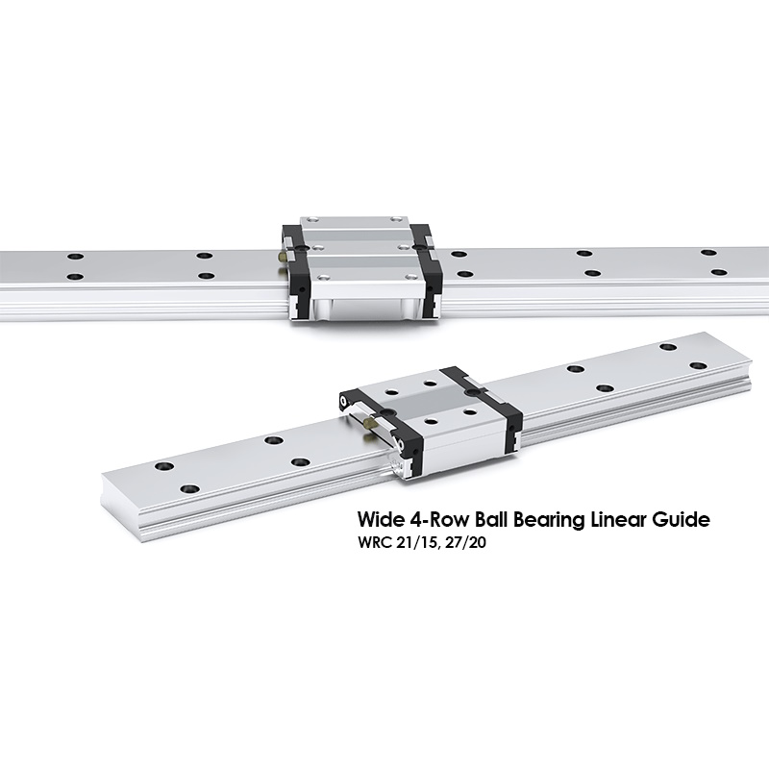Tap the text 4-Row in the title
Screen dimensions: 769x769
click(435, 519)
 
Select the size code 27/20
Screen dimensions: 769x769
click(465, 543)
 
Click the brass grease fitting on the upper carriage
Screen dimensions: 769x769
click(282, 257)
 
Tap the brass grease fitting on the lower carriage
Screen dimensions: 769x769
click(369, 421)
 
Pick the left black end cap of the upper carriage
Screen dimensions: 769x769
click(295, 267)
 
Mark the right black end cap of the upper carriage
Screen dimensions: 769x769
click(427, 267)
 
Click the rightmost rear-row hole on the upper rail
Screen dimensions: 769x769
click(708, 253)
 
